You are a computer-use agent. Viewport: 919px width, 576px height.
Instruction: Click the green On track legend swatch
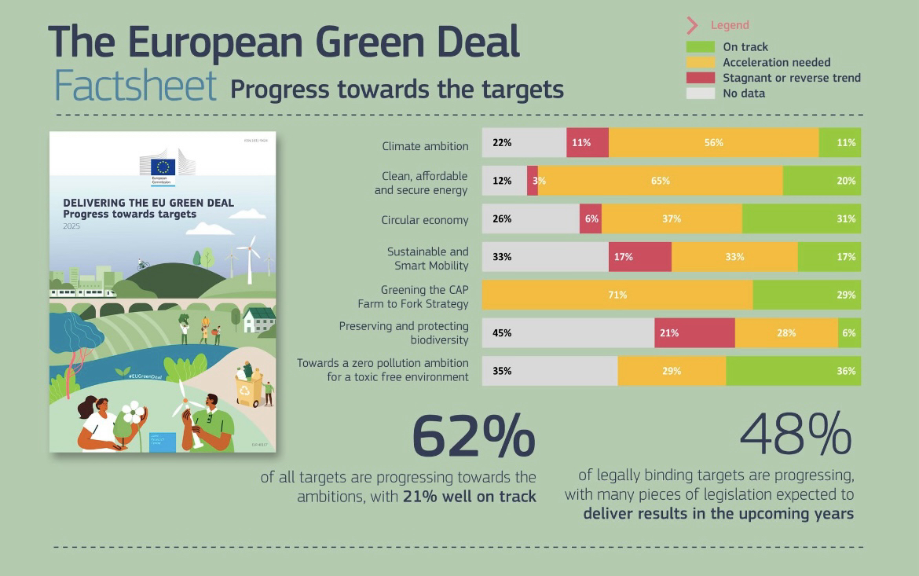(x=700, y=47)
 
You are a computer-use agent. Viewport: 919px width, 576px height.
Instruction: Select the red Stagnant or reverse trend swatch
(x=700, y=78)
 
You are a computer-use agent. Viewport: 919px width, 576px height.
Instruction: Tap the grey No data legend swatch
(x=700, y=94)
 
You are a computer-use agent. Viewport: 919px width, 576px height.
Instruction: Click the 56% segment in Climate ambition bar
(x=713, y=143)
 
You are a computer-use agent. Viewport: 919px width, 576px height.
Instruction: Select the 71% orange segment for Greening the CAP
(x=617, y=295)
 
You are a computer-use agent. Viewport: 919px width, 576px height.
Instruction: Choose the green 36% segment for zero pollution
(x=793, y=371)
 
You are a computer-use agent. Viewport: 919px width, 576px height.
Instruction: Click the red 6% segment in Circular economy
(x=591, y=219)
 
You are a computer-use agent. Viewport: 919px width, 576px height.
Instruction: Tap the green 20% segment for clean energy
(x=822, y=181)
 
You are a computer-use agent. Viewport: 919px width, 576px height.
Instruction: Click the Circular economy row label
(x=425, y=220)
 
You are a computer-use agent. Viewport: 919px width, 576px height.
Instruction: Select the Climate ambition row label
(x=425, y=145)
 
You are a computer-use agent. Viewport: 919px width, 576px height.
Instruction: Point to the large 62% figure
(x=473, y=436)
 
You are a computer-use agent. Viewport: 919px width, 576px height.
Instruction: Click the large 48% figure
(x=796, y=433)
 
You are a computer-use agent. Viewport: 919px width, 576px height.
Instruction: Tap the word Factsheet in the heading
(x=135, y=86)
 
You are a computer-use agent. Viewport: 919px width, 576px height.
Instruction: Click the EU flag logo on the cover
(x=163, y=167)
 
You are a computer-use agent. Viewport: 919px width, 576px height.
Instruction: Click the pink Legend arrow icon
(x=692, y=25)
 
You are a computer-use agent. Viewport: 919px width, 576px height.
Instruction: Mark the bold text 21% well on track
(x=470, y=497)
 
